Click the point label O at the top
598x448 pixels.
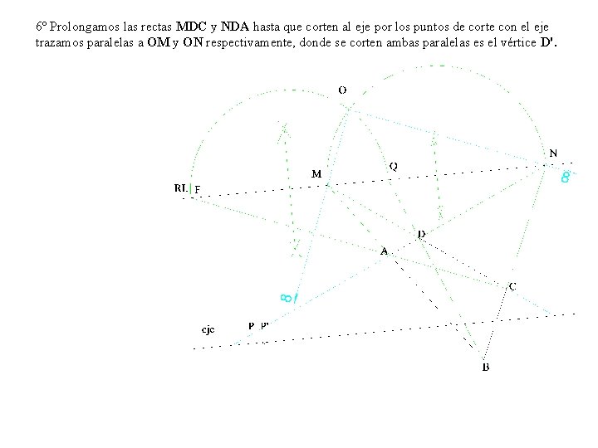(x=342, y=90)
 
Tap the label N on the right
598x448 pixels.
(x=554, y=153)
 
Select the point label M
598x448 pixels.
(x=316, y=174)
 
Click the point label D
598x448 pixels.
(x=421, y=235)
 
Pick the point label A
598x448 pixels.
(x=384, y=250)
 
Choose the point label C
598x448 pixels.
(x=512, y=285)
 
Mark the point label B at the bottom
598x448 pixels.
(x=486, y=367)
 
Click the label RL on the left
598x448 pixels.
(x=180, y=187)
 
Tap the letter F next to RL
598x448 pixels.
(x=198, y=188)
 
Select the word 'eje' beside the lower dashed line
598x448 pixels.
(x=208, y=329)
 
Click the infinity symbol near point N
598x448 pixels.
(x=565, y=177)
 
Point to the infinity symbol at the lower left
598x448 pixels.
(x=284, y=295)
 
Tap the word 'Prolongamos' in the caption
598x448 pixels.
(x=77, y=27)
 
